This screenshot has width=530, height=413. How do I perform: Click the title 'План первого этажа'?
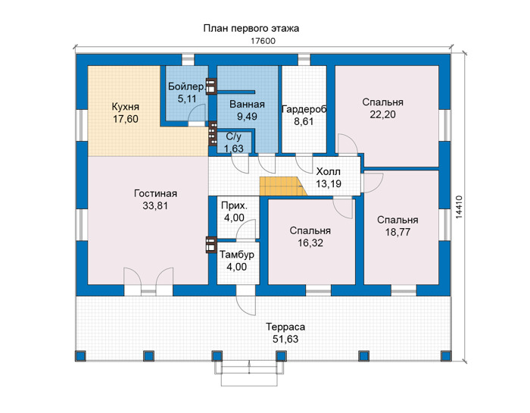(251, 28)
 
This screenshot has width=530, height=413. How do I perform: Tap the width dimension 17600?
(263, 41)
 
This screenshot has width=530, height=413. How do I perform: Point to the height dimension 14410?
(458, 207)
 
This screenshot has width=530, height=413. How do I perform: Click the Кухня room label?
(126, 107)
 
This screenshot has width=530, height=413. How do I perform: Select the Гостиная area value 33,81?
(155, 205)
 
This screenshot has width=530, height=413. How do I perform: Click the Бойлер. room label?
(187, 86)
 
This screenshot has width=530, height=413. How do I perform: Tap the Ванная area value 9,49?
(247, 117)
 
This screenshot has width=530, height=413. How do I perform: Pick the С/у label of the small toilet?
(233, 136)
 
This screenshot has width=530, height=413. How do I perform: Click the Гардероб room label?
(304, 109)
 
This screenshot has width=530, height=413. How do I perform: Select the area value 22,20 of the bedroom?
(382, 114)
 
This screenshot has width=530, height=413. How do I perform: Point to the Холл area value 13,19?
(329, 183)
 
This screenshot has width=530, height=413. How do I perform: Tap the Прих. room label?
(234, 205)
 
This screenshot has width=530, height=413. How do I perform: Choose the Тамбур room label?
(236, 255)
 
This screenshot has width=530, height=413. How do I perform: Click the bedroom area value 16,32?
(310, 242)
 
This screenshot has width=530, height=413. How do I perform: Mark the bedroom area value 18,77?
(397, 232)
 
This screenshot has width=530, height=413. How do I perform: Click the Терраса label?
(285, 327)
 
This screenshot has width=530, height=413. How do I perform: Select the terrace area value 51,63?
(285, 339)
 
